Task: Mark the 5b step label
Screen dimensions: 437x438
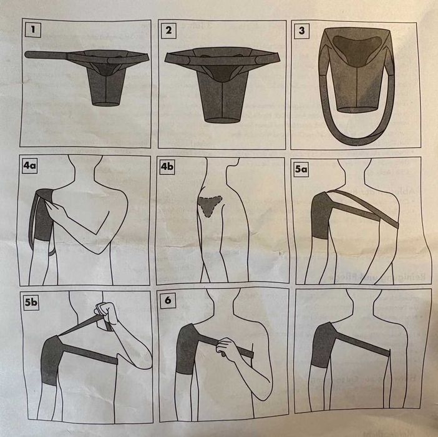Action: tap(31, 302)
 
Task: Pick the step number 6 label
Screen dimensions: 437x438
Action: tap(167, 301)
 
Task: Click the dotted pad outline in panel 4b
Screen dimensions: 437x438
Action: tap(209, 206)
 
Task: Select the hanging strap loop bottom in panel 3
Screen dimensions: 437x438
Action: tap(356, 139)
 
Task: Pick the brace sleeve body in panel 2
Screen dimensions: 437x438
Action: tap(222, 94)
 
